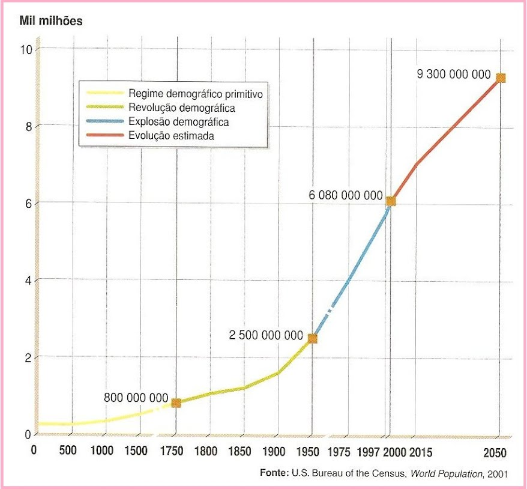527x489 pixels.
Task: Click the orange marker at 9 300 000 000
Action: (501, 78)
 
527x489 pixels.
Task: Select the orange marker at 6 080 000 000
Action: (391, 201)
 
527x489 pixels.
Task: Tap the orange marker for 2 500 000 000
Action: (312, 339)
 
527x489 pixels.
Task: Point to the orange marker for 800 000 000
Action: (176, 403)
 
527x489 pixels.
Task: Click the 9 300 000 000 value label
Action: (453, 76)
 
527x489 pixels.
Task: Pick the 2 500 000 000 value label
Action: (266, 335)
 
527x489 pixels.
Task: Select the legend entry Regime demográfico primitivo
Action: (196, 94)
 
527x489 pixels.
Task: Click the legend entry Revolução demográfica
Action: (181, 108)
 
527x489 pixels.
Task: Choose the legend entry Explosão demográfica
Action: (179, 122)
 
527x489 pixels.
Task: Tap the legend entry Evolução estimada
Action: (171, 136)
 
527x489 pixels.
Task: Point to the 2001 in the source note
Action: (498, 474)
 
